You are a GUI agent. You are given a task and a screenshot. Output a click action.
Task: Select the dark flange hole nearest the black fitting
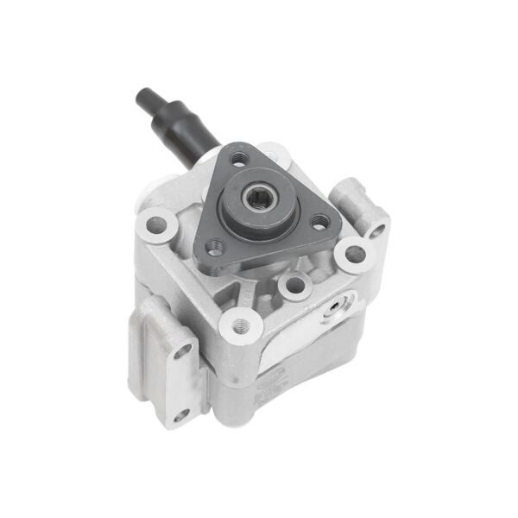(239, 159)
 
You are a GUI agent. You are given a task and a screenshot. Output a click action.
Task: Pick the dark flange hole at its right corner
(320, 222)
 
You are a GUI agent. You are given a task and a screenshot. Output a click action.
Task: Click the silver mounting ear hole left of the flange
(156, 224)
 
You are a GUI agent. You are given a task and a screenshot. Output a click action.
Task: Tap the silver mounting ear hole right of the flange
(355, 255)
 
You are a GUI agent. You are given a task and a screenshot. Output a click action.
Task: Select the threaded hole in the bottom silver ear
(241, 325)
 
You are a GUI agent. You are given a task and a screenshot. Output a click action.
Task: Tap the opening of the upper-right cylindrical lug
(377, 231)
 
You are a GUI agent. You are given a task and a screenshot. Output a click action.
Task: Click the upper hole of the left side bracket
(183, 352)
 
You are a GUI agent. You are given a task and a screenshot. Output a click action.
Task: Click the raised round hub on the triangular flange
(257, 199)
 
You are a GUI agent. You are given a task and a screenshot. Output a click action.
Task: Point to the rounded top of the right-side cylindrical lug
(354, 193)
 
